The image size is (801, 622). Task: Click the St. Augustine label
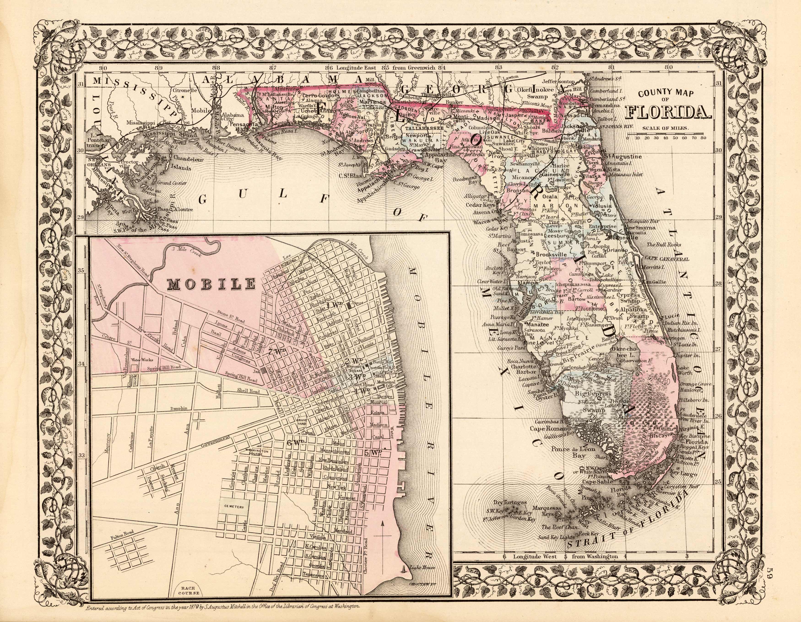(623, 157)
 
